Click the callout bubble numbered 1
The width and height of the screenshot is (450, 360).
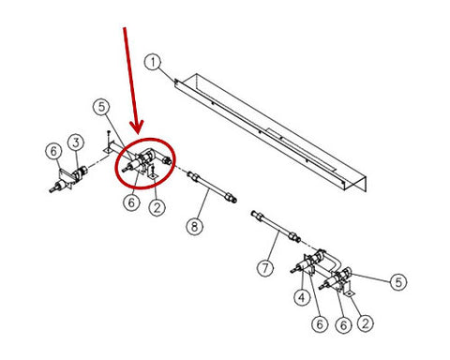153,62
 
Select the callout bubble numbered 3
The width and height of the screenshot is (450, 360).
76,142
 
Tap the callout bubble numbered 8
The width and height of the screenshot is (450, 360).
195,227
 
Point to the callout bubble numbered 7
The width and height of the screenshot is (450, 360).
265,268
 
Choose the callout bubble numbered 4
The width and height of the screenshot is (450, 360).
302,297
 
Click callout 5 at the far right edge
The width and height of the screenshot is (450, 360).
398,282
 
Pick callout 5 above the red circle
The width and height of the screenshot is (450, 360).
101,107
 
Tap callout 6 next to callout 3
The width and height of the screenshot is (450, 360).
53,151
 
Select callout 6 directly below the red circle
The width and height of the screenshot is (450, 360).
131,202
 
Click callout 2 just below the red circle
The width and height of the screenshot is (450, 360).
157,207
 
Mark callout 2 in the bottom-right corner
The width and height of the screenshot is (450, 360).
366,322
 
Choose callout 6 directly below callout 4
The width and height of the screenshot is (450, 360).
320,324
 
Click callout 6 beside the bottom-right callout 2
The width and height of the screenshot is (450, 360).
343,325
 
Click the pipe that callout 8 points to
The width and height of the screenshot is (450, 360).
212,187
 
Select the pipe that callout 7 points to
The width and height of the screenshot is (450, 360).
276,227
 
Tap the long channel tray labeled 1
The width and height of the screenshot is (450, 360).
270,131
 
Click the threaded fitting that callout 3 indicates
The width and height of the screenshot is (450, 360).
80,172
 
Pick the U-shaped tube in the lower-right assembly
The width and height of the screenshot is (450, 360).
331,262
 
